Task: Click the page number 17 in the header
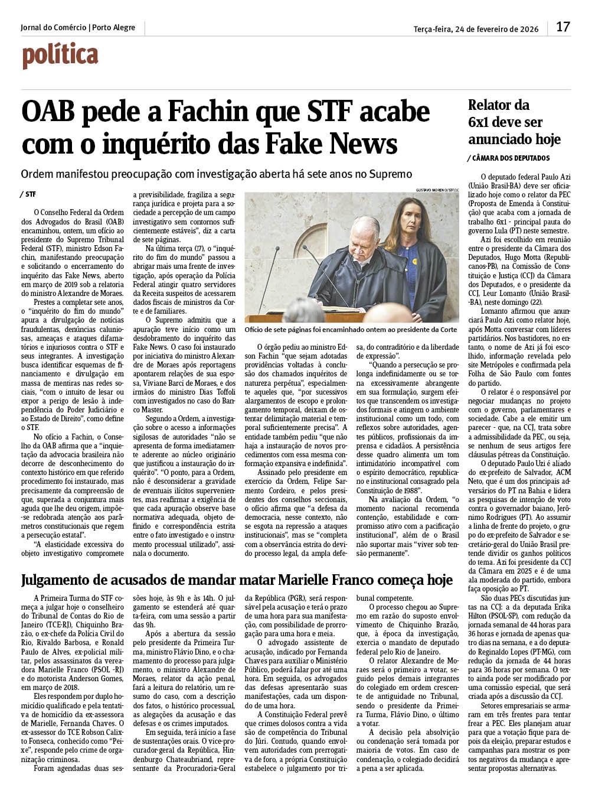tap(563, 27)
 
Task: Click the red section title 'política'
tap(60, 56)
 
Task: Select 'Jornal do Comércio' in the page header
tap(53, 28)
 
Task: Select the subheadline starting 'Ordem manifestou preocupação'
tap(216, 174)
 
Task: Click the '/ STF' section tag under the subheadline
tap(28, 194)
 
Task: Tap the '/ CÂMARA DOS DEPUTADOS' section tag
tap(509, 158)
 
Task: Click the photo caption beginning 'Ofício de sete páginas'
tap(351, 330)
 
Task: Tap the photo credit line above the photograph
tap(437, 190)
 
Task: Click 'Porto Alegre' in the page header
tap(114, 28)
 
